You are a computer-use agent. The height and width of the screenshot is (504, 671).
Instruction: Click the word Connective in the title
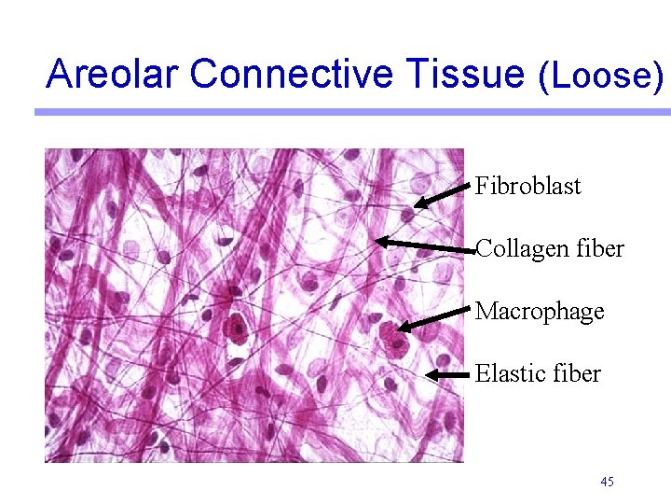pyautogui.click(x=278, y=74)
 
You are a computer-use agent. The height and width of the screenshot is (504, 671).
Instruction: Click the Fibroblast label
pyautogui.click(x=527, y=186)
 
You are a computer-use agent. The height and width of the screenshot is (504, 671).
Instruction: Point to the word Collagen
pyautogui.click(x=516, y=249)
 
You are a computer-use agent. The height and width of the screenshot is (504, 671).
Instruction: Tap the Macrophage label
pyautogui.click(x=540, y=311)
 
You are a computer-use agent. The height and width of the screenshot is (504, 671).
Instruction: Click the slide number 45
pyautogui.click(x=607, y=482)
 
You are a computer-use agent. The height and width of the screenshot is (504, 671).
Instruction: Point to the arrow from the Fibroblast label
pyautogui.click(x=442, y=196)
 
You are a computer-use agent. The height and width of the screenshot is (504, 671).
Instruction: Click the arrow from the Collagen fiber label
pyautogui.click(x=424, y=245)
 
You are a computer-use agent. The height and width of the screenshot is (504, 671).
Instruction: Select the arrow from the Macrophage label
pyautogui.click(x=433, y=317)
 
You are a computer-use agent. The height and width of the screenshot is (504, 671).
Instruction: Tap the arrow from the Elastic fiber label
pyautogui.click(x=447, y=374)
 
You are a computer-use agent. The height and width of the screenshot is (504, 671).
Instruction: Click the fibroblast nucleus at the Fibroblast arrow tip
pyautogui.click(x=407, y=213)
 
